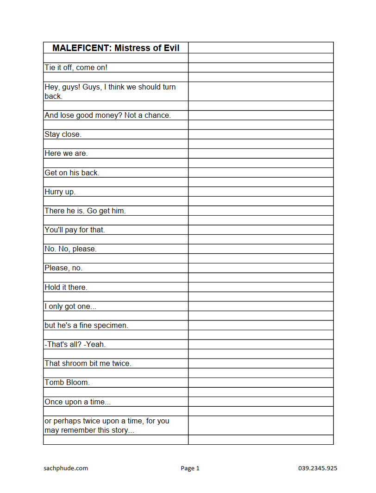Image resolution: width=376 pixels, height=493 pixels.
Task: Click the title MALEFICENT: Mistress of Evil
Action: pos(116,48)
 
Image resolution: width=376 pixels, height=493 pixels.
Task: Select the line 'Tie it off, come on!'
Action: pos(76,68)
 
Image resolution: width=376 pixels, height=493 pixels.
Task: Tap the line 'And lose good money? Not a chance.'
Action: pos(107,115)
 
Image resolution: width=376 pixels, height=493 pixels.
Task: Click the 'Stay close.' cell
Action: pos(63,134)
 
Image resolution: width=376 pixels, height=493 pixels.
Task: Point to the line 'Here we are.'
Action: pos(66,154)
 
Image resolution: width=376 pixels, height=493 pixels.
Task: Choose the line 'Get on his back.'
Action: pos(72,173)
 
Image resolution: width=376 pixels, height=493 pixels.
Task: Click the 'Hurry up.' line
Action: pos(60,192)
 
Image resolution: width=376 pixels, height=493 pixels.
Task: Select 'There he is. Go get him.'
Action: pos(85,211)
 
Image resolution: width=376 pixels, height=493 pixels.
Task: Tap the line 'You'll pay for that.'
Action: pos(75,230)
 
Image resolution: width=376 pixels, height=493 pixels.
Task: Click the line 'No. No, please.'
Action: pos(70,249)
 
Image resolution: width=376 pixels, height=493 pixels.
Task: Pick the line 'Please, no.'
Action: pos(63,268)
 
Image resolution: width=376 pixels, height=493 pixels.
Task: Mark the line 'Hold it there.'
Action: pos(66,287)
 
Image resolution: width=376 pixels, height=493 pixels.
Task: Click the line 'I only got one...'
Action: pos(70,307)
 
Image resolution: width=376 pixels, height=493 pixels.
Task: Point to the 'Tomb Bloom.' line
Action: pos(67,383)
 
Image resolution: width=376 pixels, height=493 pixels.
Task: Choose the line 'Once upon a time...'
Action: pos(77,402)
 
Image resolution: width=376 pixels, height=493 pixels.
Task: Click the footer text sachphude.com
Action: pos(63,468)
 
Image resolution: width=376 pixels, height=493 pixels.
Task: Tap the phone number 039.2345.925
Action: pos(318,468)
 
